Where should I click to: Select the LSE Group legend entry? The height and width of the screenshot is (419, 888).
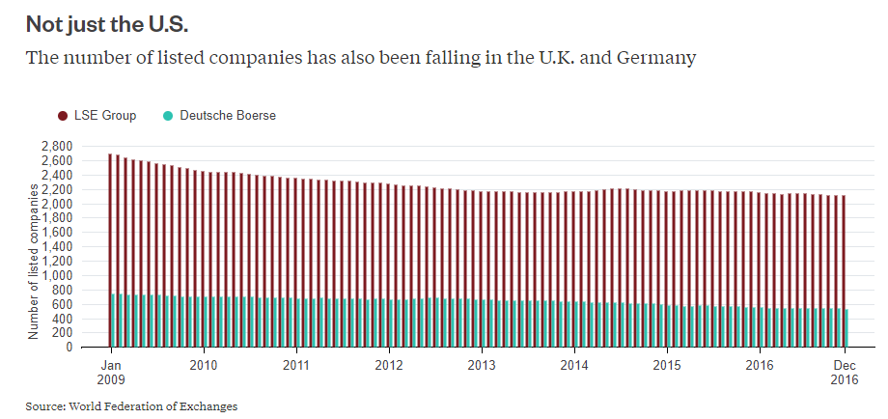click(104, 116)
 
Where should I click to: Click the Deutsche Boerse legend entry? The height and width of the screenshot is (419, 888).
click(228, 116)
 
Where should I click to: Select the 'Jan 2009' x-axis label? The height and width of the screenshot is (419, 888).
click(111, 372)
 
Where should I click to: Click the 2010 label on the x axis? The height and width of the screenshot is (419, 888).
click(203, 365)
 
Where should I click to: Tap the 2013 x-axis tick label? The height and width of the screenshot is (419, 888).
click(481, 365)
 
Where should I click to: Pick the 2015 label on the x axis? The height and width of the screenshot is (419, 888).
click(666, 365)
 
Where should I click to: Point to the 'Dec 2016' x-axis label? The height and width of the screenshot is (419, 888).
click(845, 372)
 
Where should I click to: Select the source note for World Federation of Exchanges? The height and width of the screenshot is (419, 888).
click(131, 406)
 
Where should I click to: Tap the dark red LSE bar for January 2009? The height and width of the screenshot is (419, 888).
click(112, 222)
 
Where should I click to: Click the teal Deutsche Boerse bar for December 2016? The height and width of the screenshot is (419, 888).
click(846, 328)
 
